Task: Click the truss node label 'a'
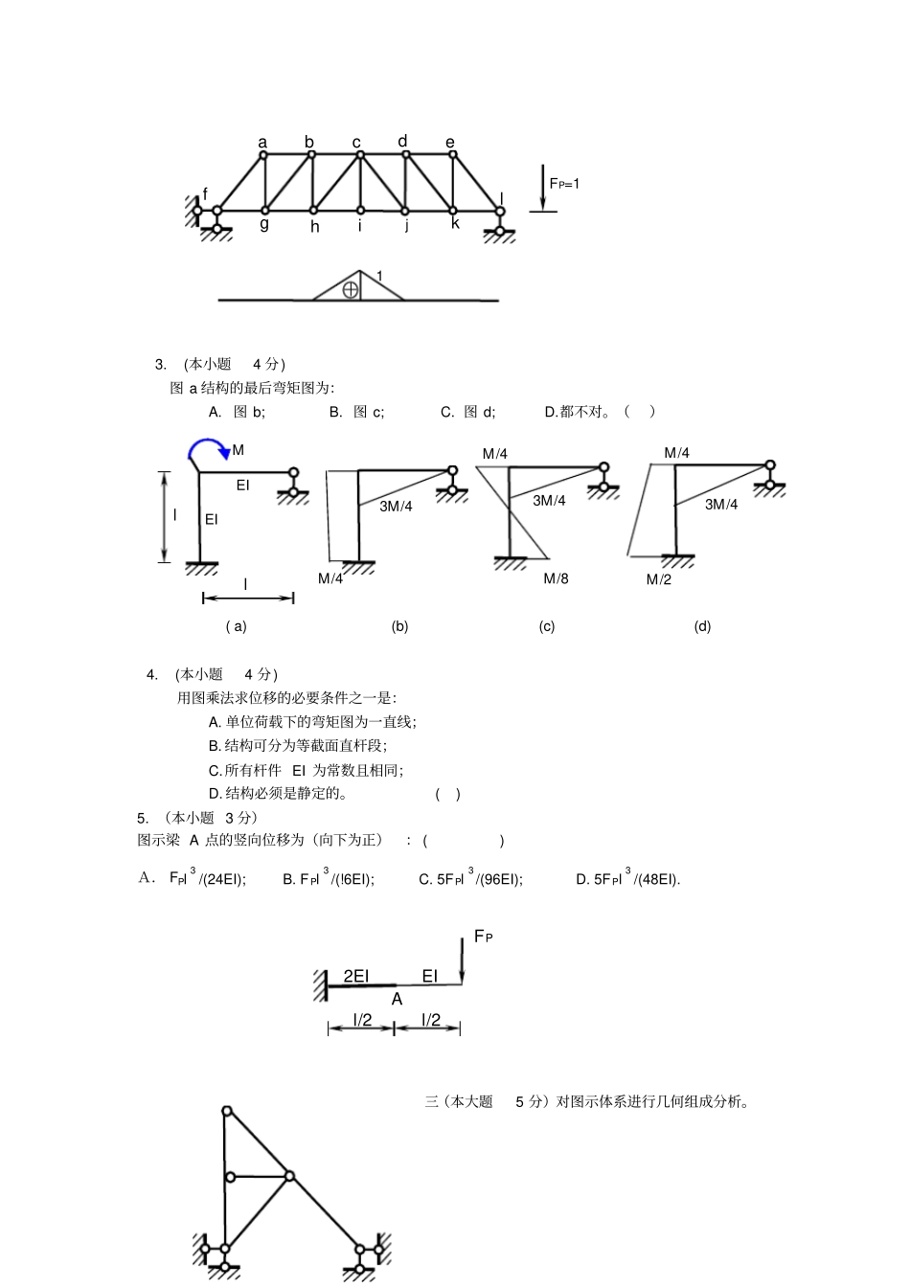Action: [262, 143]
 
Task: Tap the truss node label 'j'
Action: [406, 227]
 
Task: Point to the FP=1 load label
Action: [563, 183]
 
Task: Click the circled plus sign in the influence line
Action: [351, 289]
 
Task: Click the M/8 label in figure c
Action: [556, 578]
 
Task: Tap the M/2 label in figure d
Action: [658, 579]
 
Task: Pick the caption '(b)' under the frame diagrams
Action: [399, 626]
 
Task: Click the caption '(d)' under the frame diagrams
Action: [702, 626]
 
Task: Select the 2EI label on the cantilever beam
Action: [355, 976]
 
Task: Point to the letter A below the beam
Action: [397, 999]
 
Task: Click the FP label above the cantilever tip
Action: [483, 937]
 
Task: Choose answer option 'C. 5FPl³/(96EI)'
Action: [470, 879]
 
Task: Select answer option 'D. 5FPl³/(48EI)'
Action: [627, 879]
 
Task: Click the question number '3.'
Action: [160, 364]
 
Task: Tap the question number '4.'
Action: [152, 674]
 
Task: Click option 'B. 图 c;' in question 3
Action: [356, 412]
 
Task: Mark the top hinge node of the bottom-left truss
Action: [227, 1111]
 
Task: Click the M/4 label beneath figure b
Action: [330, 578]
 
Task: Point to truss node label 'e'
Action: [450, 143]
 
